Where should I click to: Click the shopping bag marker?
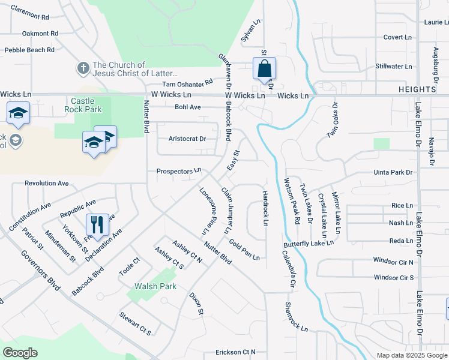tap(264, 69)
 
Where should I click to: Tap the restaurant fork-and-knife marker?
tap(97, 226)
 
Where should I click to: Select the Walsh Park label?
tap(155, 286)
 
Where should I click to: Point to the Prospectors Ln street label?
tap(178, 171)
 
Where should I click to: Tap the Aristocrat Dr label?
tap(187, 139)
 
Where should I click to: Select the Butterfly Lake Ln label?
tap(309, 244)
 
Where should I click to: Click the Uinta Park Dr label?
tap(394, 172)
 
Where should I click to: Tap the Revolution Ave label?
tap(47, 184)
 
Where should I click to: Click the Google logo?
tap(20, 353)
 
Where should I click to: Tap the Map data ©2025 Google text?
tap(411, 355)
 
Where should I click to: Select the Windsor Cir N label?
tap(394, 262)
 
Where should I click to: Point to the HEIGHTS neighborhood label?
tap(417, 89)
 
